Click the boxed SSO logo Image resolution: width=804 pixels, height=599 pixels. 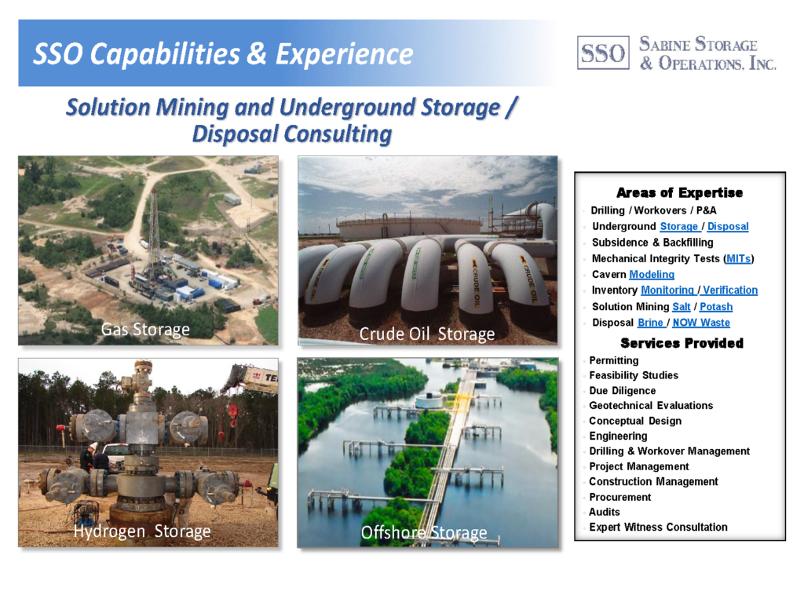point(603,53)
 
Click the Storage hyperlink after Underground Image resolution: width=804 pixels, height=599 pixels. point(679,226)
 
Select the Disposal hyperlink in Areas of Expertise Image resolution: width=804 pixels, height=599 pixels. point(728,226)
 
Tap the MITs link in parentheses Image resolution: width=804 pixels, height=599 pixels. point(738,258)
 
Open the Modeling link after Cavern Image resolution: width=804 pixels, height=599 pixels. point(652,274)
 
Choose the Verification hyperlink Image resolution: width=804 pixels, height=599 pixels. point(730,290)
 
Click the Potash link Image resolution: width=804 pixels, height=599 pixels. point(716,307)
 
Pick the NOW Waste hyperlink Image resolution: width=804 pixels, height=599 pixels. point(701,323)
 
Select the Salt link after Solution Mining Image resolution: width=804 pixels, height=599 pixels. point(682,307)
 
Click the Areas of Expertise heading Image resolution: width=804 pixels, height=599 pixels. point(679,193)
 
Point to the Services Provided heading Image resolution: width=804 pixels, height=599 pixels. point(682,343)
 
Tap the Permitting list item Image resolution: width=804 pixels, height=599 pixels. point(614,360)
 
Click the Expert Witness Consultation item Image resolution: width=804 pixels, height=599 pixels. point(658,528)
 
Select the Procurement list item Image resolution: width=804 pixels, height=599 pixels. point(620,497)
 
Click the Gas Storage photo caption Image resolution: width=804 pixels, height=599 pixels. point(145,329)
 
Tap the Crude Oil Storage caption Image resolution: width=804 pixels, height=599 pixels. point(427,334)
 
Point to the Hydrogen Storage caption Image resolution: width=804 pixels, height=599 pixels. point(142,531)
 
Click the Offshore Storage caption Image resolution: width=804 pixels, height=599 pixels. point(424,533)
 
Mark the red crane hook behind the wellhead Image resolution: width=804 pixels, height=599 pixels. point(232,415)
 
